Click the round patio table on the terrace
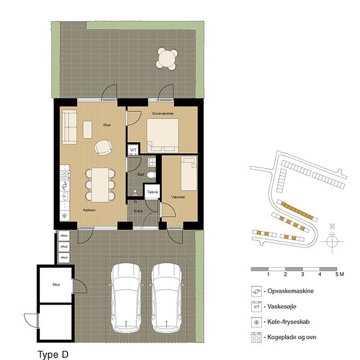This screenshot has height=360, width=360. tap(168, 60)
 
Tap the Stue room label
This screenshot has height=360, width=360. tap(107, 124)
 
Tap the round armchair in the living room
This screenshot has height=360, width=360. tap(103, 148)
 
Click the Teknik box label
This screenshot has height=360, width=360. tap(152, 192)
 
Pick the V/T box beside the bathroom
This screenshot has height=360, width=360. tap(133, 150)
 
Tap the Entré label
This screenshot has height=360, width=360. tap(139, 211)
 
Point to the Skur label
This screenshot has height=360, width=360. tap(56, 285)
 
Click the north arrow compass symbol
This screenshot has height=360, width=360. tap(333, 239)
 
